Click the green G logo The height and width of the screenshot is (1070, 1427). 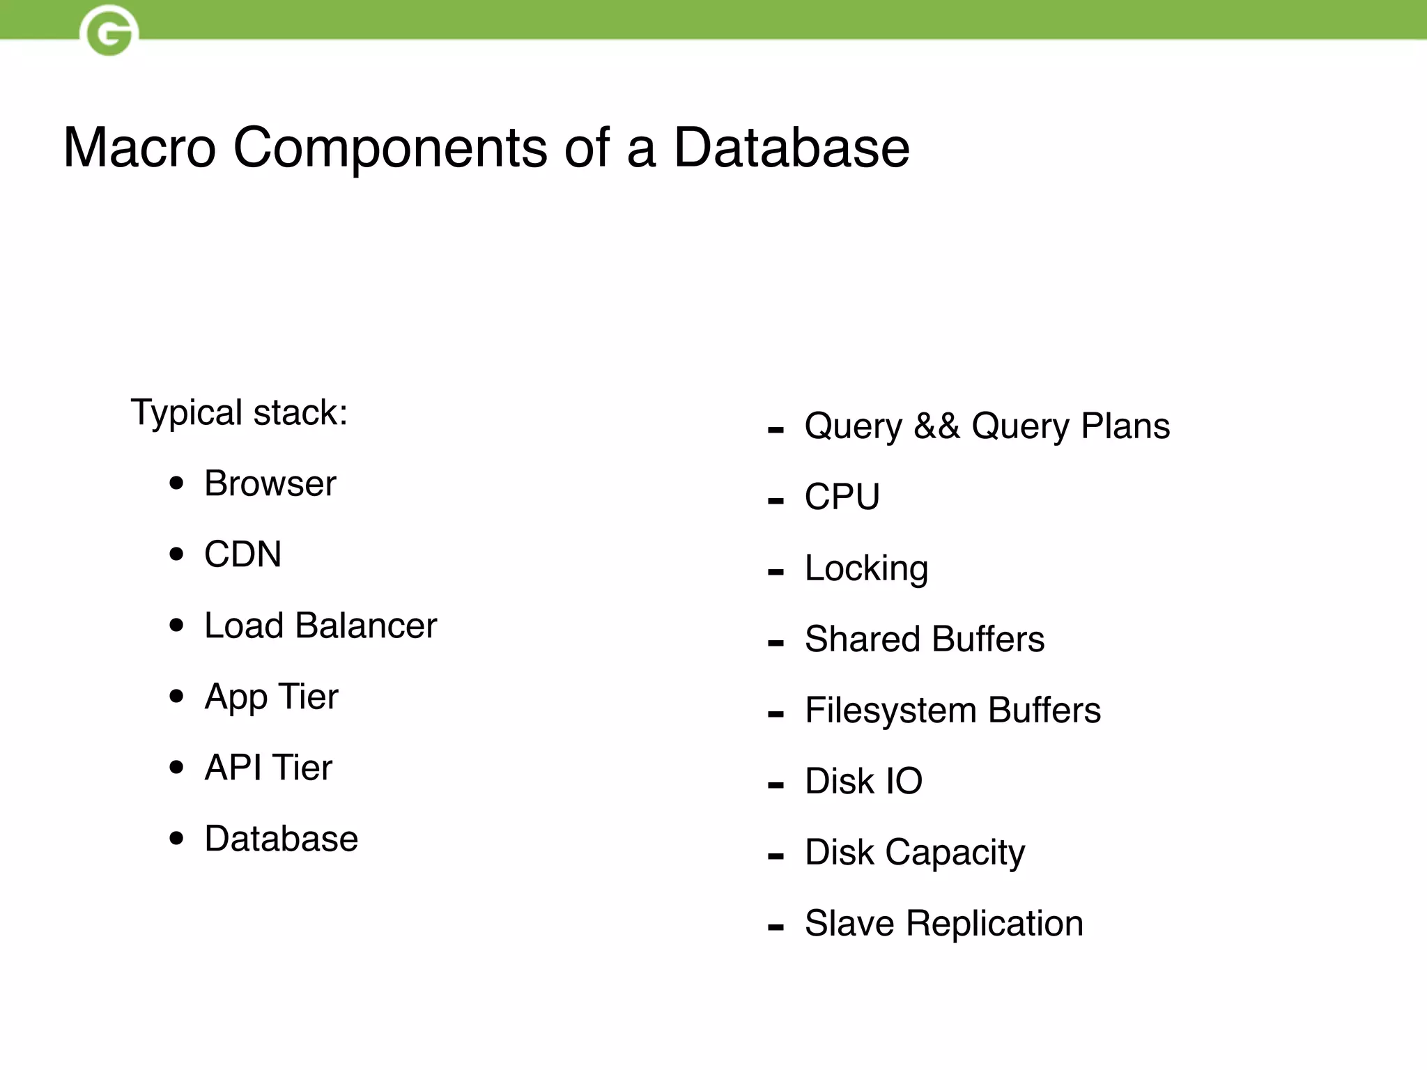[x=109, y=31]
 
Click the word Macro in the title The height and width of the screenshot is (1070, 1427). [x=139, y=148]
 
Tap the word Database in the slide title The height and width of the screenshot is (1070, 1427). [x=792, y=148]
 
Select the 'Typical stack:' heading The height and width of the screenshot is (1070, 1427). [x=239, y=412]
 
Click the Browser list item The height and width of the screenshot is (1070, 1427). [x=270, y=483]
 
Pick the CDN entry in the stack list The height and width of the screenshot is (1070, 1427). [x=242, y=555]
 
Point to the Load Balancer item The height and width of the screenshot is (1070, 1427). [x=321, y=626]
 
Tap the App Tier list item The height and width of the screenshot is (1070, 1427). [x=271, y=697]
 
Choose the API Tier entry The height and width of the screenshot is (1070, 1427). [x=268, y=768]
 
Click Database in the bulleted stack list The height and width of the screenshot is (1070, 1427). [x=281, y=839]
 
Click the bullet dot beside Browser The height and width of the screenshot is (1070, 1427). [x=177, y=483]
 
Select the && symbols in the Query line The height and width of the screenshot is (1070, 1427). [x=936, y=426]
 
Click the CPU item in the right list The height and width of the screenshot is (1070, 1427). [x=842, y=497]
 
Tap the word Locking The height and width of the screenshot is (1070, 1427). [x=866, y=568]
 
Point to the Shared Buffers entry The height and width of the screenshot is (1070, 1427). [x=925, y=639]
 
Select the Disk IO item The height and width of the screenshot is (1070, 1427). [x=863, y=782]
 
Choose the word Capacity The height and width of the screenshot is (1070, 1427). [x=955, y=853]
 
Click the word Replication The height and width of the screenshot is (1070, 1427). [x=994, y=924]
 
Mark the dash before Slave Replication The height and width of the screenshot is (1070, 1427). [x=776, y=927]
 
